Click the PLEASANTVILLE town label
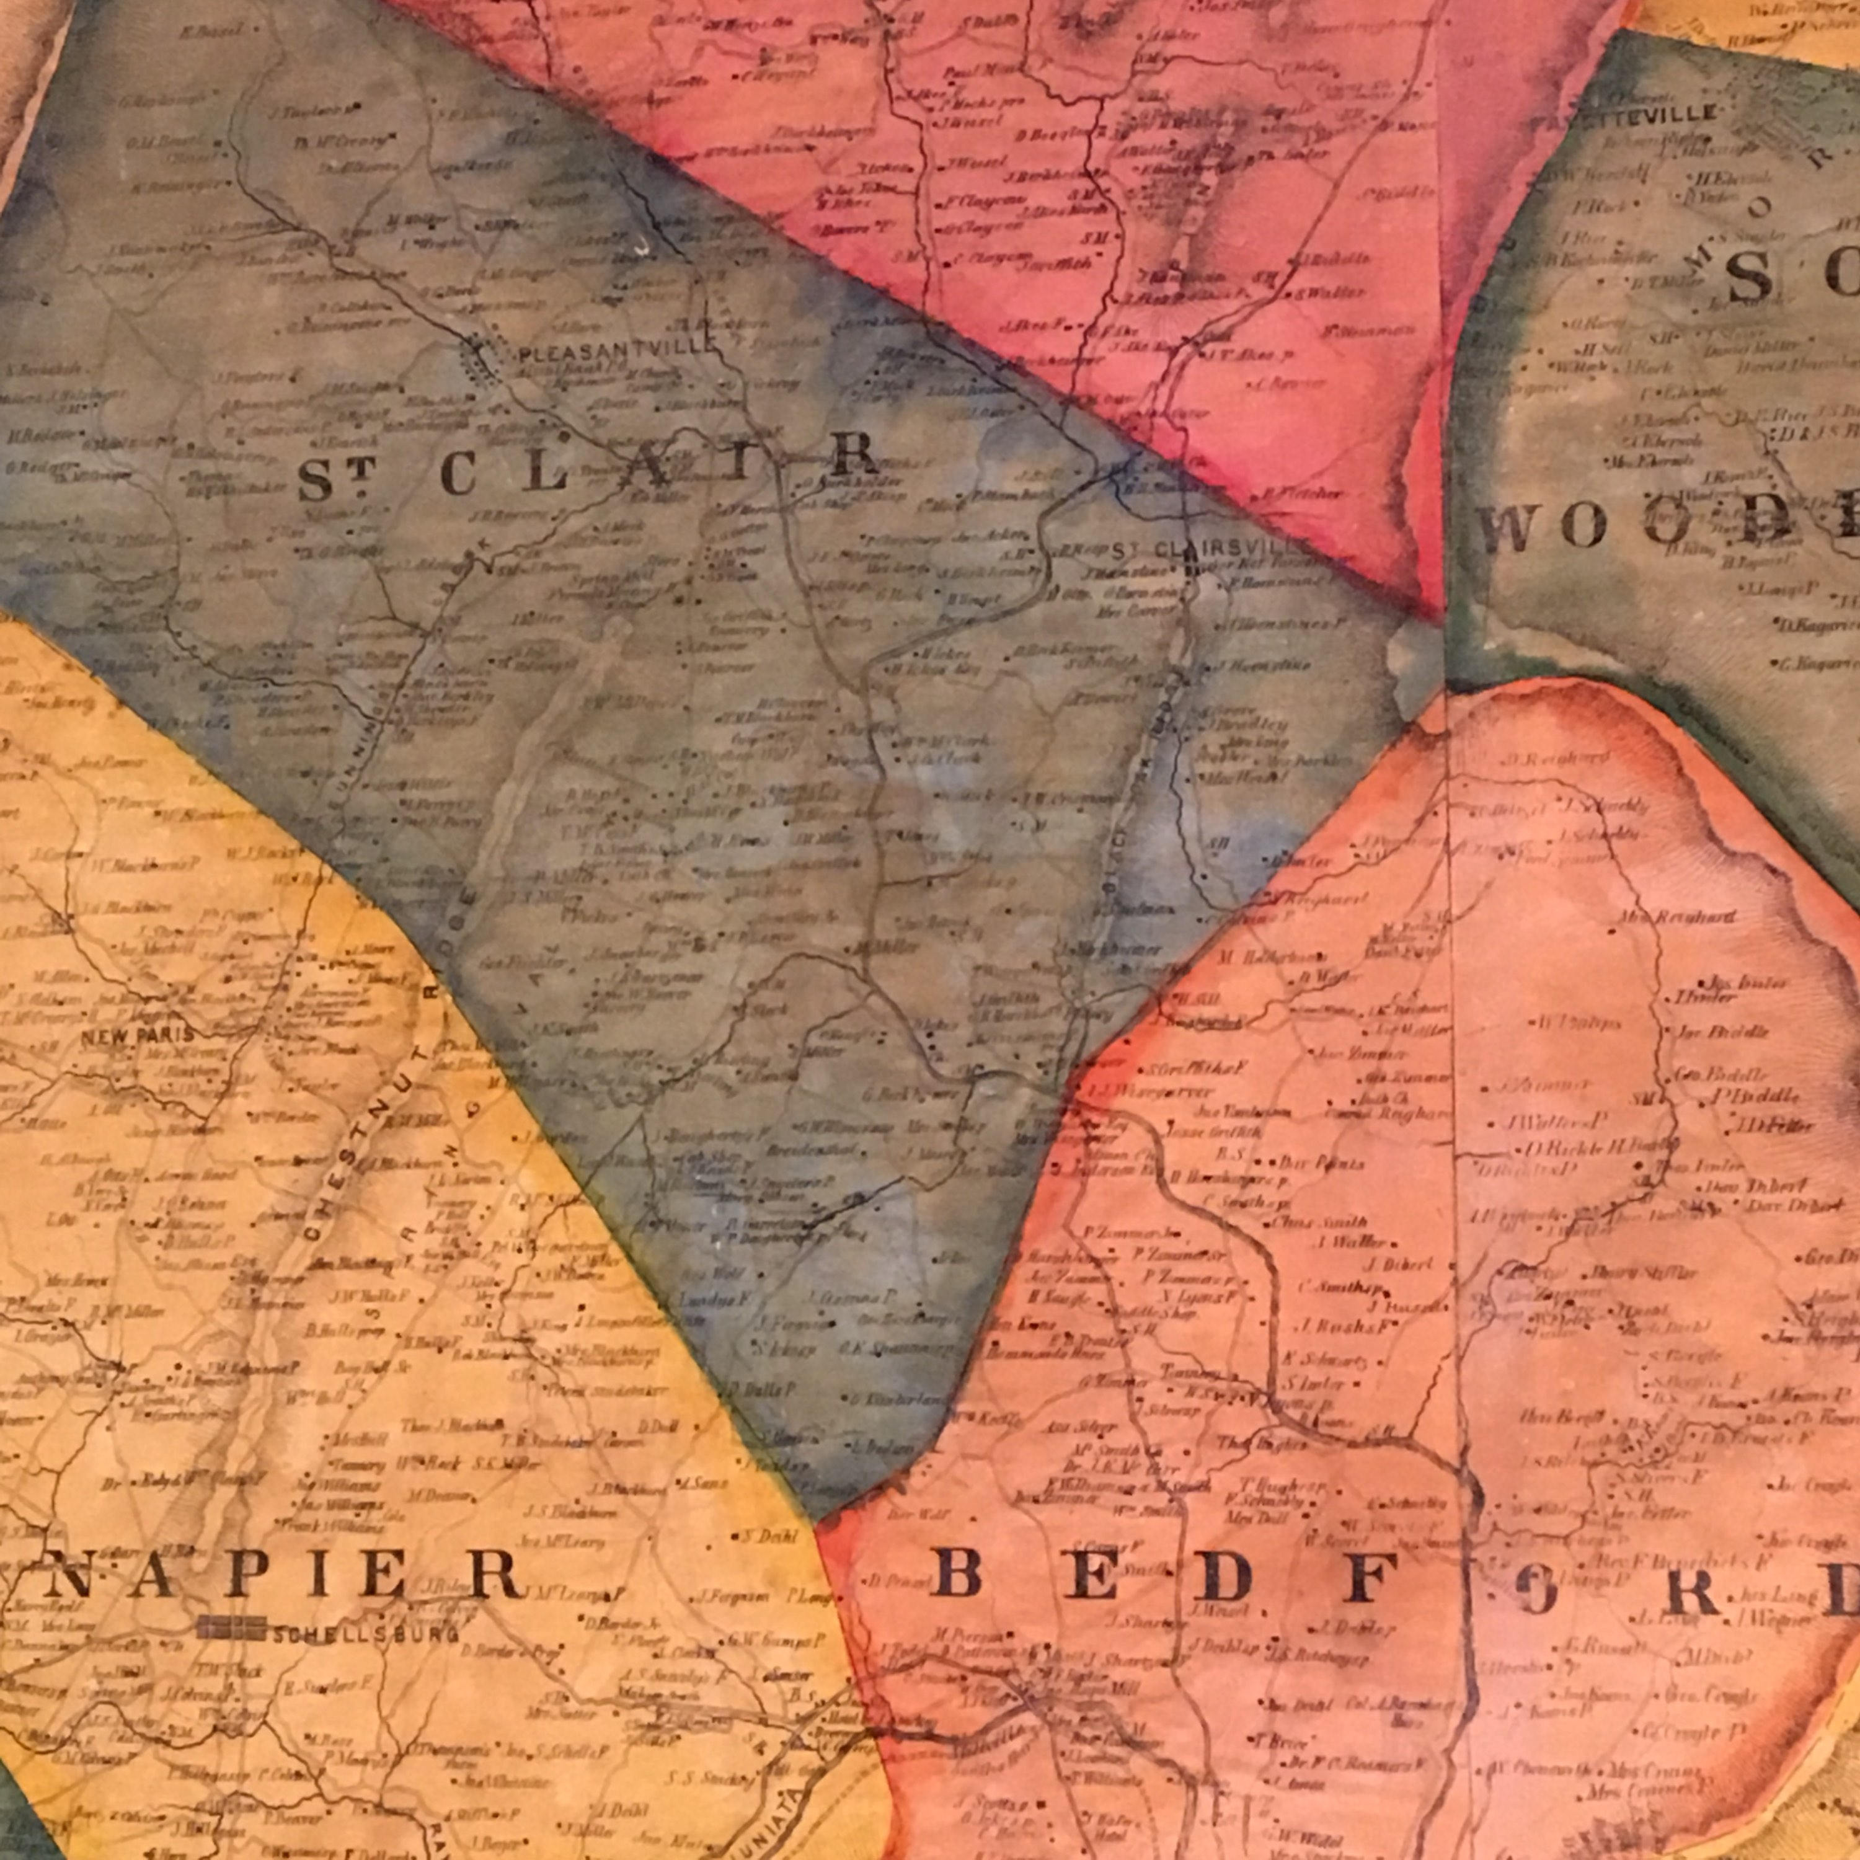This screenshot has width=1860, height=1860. pyautogui.click(x=616, y=353)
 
